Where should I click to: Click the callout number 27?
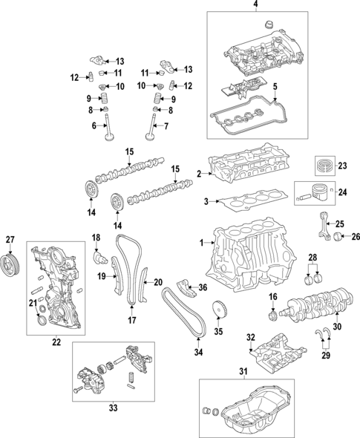pos(10,239)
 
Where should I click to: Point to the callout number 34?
pos(198,352)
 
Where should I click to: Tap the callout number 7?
pos(167,127)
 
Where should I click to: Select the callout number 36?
pos(203,287)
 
